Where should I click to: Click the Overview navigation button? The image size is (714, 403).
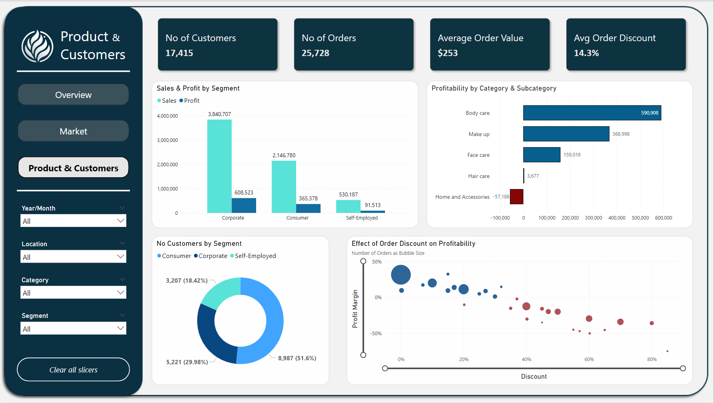73,95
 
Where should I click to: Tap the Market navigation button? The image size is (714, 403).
73,131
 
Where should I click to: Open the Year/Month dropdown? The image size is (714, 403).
73,221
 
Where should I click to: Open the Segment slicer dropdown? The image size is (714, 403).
73,329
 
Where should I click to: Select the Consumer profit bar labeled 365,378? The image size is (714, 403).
308,209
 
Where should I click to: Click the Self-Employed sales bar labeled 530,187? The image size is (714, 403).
348,207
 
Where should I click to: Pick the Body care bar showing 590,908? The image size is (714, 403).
591,113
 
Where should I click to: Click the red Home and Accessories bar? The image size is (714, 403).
517,197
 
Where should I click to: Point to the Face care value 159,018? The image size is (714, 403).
572,155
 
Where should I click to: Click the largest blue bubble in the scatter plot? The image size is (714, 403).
401,274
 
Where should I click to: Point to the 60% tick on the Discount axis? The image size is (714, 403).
589,359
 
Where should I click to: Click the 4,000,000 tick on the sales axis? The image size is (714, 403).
167,116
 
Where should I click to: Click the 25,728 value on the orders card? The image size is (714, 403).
315,53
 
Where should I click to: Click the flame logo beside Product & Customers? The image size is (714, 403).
37,46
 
